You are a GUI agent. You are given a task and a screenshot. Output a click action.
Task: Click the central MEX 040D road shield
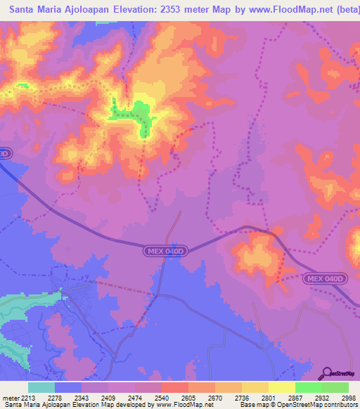[165, 249]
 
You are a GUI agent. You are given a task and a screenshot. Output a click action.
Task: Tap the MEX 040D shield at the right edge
[326, 279]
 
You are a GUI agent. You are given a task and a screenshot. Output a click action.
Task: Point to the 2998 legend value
[349, 397]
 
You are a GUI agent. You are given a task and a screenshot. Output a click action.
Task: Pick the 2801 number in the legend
[269, 397]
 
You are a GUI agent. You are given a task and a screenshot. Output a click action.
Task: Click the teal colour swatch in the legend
[41, 387]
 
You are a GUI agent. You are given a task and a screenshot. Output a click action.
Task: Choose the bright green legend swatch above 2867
[309, 387]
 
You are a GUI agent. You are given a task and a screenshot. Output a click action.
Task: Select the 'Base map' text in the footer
[253, 405]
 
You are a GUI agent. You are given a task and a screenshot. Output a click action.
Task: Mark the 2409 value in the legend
[108, 397]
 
